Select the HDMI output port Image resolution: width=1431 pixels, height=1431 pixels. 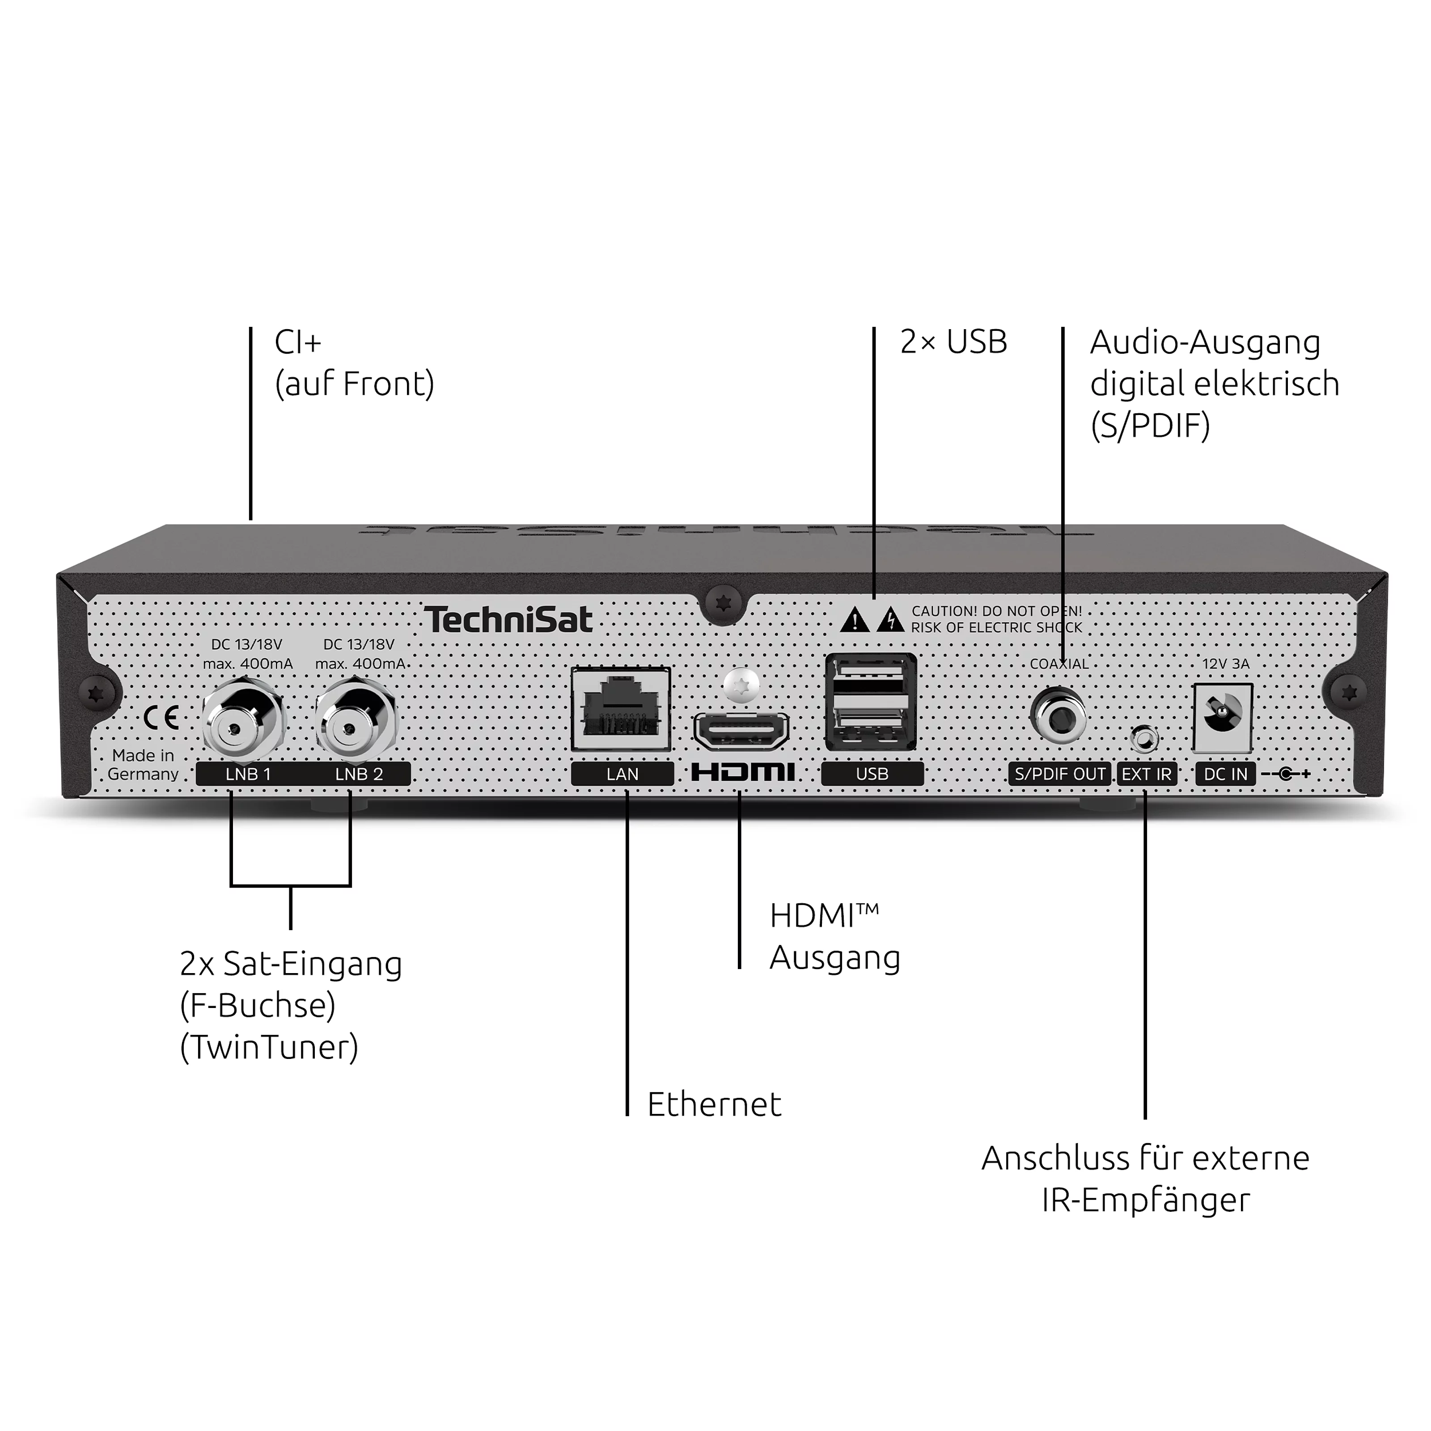[741, 731]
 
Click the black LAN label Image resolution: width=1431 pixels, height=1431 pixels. [622, 774]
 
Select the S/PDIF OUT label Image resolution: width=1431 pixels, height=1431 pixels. [1060, 774]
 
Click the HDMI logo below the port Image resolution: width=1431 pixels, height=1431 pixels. [743, 773]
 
